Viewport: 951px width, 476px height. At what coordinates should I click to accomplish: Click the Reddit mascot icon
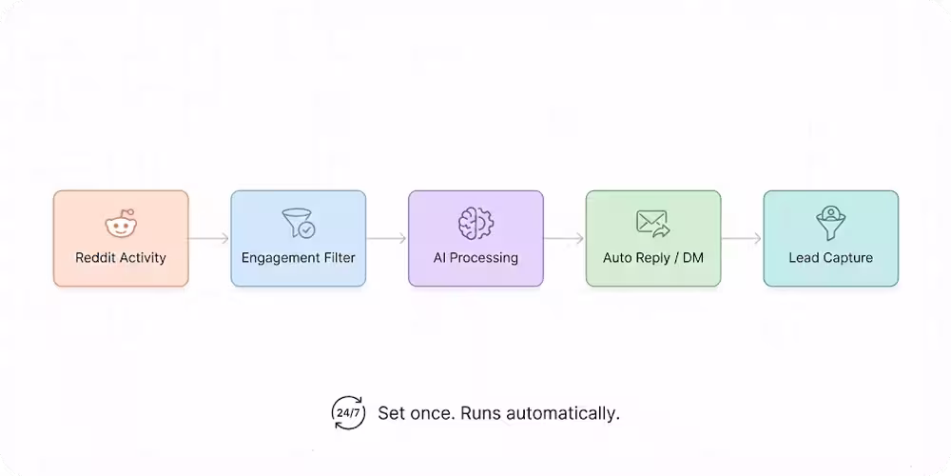tap(121, 226)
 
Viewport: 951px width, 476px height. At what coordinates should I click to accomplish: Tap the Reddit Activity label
tap(121, 257)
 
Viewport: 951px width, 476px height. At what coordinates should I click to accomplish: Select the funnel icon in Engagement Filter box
tap(298, 224)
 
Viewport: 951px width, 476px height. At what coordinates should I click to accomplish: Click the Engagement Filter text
tap(298, 257)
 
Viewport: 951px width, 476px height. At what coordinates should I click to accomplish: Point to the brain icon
tap(475, 224)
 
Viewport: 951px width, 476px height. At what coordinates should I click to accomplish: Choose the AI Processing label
tap(475, 257)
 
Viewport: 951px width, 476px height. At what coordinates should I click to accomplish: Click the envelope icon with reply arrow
tap(653, 224)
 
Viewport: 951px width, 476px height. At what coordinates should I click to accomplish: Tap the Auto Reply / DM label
tap(653, 257)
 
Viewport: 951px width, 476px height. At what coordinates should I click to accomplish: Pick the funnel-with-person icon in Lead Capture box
tap(831, 224)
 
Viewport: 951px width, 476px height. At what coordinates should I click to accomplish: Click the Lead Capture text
tap(831, 257)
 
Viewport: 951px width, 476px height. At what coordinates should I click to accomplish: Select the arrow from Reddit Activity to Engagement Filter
tap(209, 238)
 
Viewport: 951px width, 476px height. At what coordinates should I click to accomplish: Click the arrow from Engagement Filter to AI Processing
tap(387, 238)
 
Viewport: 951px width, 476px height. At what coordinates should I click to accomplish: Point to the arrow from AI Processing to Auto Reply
tap(564, 238)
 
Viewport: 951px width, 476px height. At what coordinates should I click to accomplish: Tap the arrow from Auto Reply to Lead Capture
tap(742, 238)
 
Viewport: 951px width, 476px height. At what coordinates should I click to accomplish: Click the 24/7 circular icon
tap(348, 413)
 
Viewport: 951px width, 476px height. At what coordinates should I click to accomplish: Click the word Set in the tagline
tap(391, 413)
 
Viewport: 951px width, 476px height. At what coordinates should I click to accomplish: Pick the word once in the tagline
tap(431, 413)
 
